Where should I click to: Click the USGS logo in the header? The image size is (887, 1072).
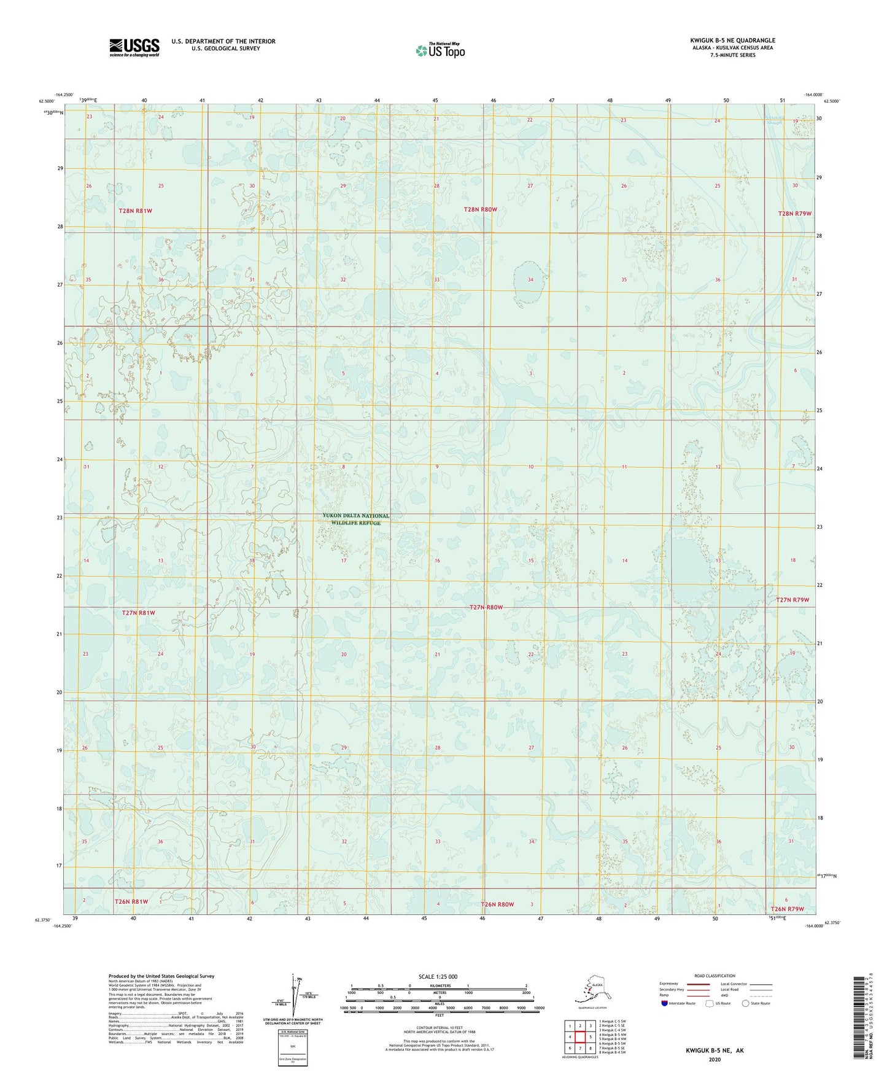134,47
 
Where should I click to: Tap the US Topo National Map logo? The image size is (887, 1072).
440,50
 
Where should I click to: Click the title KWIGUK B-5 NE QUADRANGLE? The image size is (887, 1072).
732,41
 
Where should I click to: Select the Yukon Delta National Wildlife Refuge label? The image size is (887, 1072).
355,519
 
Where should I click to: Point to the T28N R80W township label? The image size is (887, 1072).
480,210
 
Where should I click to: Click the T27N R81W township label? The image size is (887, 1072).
138,613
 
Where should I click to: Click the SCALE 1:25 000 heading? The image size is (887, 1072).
438,977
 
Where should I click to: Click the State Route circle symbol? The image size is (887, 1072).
746,1004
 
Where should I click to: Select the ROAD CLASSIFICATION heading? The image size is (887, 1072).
715,976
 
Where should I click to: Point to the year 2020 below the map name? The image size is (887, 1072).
714,1060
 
